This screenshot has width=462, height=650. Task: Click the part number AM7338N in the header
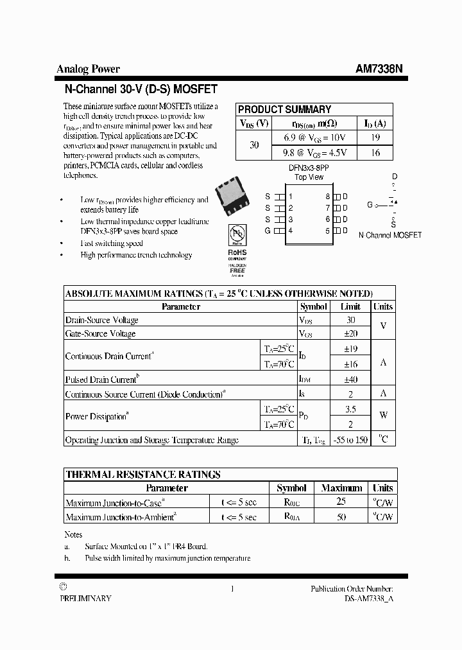click(x=379, y=69)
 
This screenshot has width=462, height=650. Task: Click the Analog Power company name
click(x=88, y=69)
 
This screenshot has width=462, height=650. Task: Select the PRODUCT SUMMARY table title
click(x=284, y=109)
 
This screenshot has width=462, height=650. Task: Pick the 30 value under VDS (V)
click(x=254, y=145)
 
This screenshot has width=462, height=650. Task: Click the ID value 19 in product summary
click(x=375, y=137)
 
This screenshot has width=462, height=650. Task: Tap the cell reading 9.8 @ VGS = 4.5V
click(x=315, y=153)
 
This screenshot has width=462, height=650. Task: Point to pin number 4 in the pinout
click(x=291, y=231)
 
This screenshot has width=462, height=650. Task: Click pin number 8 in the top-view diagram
click(x=327, y=197)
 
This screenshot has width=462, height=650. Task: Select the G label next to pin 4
click(x=268, y=231)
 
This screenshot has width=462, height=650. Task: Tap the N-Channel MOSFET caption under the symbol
click(x=390, y=235)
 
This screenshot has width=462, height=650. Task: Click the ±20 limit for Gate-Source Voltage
click(x=350, y=334)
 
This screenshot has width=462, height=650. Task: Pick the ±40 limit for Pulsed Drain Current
click(x=350, y=380)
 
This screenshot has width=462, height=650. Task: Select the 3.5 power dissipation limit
click(x=350, y=408)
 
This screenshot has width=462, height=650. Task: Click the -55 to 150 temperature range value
click(x=350, y=440)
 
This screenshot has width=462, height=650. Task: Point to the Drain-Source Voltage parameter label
click(x=102, y=320)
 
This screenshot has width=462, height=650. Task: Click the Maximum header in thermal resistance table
click(x=341, y=488)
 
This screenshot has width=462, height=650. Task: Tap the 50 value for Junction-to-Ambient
click(x=341, y=517)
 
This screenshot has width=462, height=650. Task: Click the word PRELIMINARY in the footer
click(x=85, y=598)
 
